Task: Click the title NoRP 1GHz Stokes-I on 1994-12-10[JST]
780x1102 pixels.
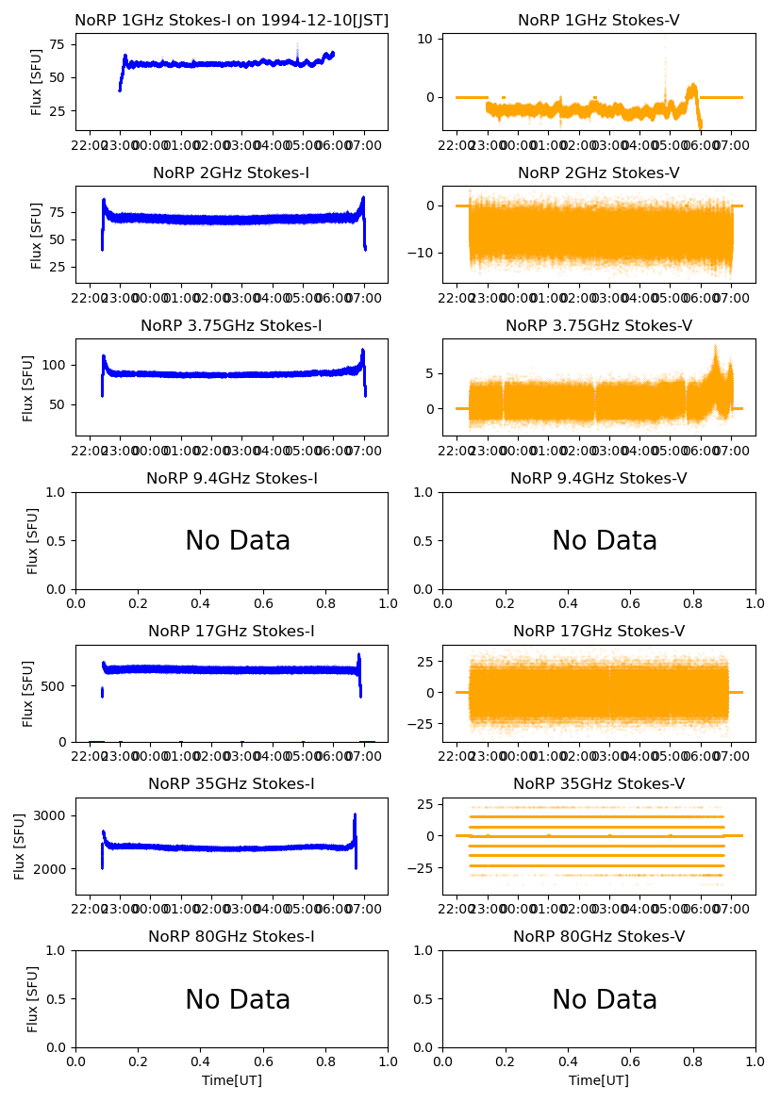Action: point(231,21)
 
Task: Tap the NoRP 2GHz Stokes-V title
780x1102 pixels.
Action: point(599,173)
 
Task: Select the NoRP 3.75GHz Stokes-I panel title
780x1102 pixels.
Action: point(231,326)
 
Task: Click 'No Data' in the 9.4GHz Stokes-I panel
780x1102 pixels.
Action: point(238,541)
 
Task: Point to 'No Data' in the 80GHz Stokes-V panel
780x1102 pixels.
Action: point(605,1000)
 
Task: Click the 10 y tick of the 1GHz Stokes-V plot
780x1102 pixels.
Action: point(425,39)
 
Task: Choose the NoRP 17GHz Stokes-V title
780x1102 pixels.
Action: point(599,632)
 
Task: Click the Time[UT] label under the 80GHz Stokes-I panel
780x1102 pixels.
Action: point(231,1080)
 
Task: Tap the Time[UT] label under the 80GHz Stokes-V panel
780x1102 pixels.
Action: point(599,1080)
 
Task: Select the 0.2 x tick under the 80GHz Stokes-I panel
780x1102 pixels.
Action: point(139,1061)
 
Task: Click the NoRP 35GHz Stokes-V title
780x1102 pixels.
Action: point(599,784)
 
